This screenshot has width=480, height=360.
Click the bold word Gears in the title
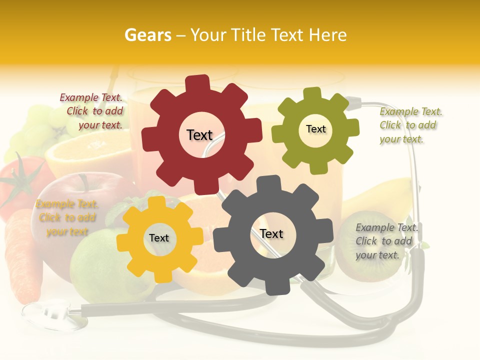click(x=147, y=35)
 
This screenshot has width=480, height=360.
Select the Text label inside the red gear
click(x=199, y=135)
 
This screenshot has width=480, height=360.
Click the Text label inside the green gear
click(x=315, y=129)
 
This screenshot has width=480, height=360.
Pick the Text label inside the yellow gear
click(x=159, y=238)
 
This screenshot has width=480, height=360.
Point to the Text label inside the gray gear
click(x=271, y=233)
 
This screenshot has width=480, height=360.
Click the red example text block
click(x=92, y=111)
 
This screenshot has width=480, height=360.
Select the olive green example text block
click(x=410, y=125)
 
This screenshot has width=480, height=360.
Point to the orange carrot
click(x=22, y=255)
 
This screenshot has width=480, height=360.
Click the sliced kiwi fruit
click(x=367, y=250)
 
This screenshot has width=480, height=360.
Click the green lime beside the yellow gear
click(x=95, y=265)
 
